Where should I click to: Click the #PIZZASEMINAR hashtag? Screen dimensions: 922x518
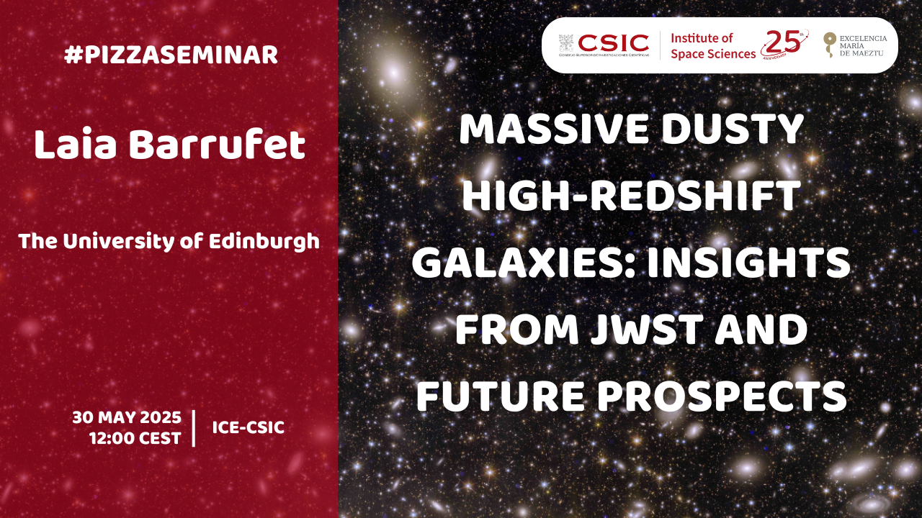point(171,55)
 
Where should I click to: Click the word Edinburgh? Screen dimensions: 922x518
point(264,242)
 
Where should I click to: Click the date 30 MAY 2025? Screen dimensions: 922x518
point(127,418)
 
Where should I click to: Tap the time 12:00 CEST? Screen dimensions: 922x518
point(135,439)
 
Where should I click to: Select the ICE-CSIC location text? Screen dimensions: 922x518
point(249,427)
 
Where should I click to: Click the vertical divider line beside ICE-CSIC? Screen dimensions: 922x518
point(194,428)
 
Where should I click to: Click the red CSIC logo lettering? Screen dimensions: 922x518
point(613,42)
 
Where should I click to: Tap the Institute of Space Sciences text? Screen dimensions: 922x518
point(713,46)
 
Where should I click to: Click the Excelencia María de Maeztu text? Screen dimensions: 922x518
point(863,45)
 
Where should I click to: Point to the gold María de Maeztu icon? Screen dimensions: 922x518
point(829,44)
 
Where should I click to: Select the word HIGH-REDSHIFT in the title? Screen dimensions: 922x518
point(632,196)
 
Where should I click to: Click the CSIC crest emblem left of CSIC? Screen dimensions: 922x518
point(566,43)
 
